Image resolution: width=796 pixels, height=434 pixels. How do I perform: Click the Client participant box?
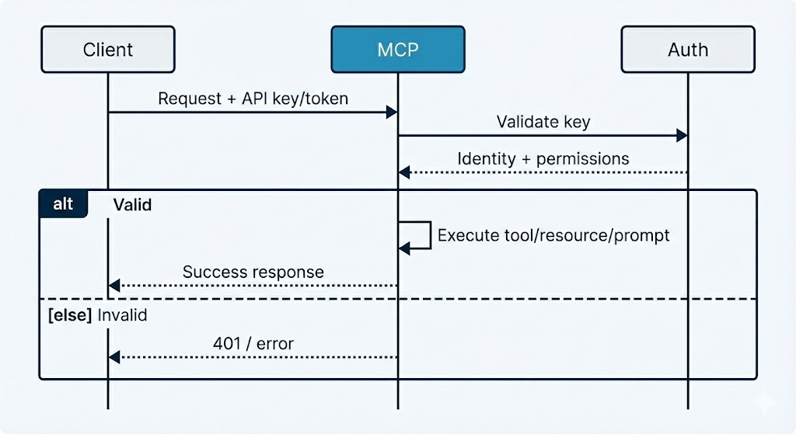coord(108,50)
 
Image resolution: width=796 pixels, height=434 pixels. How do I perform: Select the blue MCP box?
coord(397,50)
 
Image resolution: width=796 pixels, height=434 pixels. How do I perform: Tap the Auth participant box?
coord(687,50)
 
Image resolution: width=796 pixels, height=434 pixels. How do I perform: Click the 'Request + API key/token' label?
coord(253,99)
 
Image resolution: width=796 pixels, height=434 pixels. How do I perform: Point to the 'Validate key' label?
coord(543,122)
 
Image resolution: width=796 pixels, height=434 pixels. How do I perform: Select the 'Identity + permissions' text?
coord(543,158)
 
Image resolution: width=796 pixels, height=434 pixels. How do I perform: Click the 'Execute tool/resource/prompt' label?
coord(553,234)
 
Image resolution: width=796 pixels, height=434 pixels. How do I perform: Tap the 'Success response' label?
coord(253,272)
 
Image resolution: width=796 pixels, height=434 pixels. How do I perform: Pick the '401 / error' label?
coord(253,343)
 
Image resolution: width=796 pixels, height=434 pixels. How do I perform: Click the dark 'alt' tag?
coord(63,204)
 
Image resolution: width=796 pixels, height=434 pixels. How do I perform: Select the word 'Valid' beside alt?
coord(132,205)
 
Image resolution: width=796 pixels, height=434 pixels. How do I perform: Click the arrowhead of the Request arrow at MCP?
coord(393,113)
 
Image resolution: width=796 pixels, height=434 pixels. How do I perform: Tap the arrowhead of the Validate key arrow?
coord(682,136)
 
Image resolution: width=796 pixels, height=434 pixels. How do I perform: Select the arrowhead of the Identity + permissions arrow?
coord(404,172)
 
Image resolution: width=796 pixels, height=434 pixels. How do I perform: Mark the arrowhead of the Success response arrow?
coord(114,286)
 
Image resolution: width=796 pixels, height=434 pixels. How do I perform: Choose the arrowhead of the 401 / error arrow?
coord(114,357)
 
